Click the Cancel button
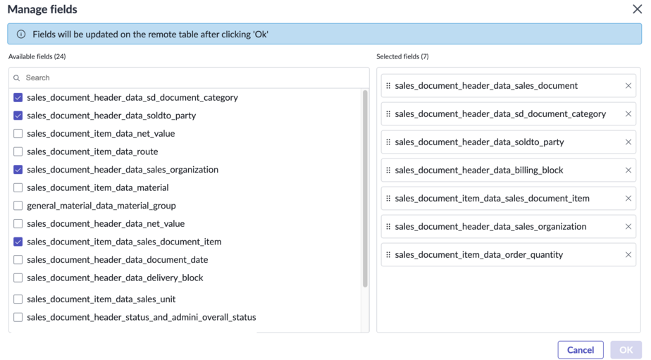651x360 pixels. pos(580,350)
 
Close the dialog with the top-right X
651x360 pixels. pos(638,9)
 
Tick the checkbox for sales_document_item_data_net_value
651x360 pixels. pos(18,133)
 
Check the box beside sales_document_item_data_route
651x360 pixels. pos(18,151)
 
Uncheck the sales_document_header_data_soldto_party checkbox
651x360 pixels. pos(18,116)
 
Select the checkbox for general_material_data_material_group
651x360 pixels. pos(18,206)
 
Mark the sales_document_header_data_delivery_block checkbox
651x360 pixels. pos(18,278)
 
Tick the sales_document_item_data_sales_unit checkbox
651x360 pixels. pos(18,299)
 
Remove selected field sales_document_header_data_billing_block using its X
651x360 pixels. pos(628,170)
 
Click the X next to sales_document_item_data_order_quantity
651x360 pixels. pos(628,254)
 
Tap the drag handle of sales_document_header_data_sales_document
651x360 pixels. pos(388,85)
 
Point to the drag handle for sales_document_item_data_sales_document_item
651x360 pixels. pos(388,198)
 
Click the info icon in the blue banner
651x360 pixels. pos(20,34)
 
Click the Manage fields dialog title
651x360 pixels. pos(42,9)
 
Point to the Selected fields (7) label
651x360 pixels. pos(402,56)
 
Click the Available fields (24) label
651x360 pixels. pos(37,56)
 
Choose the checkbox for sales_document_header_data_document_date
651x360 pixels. pos(18,259)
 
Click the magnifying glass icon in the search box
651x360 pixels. pos(17,77)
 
